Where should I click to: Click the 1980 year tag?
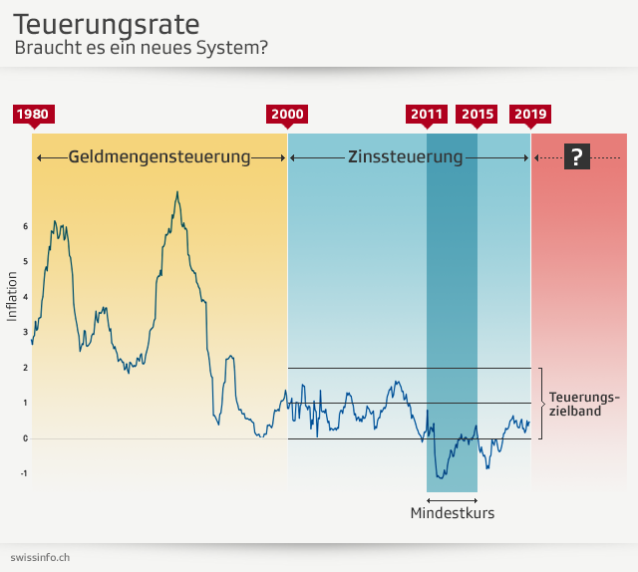point(32,114)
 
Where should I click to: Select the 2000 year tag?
point(287,114)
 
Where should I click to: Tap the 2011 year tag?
point(427,114)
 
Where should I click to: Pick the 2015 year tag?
point(478,114)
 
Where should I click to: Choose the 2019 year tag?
point(530,114)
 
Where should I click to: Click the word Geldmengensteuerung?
point(159,156)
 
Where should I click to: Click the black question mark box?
point(576,156)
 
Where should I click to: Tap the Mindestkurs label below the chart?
point(452,513)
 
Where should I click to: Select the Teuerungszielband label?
point(584,404)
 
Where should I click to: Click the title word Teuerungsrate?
point(106,24)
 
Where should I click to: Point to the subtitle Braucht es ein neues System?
point(141,47)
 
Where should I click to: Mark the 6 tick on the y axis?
point(25,226)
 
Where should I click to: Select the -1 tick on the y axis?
point(24,474)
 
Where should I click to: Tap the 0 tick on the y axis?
point(25,438)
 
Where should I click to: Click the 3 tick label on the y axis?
point(25,332)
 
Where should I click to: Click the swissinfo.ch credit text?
point(40,556)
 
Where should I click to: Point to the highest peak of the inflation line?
point(177,192)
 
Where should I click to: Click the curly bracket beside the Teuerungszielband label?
point(541,404)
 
